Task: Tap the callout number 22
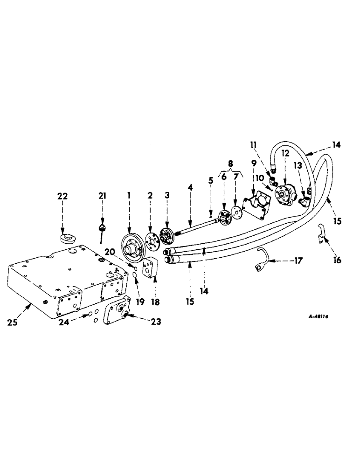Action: (x=62, y=197)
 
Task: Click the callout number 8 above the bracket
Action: (x=229, y=164)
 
